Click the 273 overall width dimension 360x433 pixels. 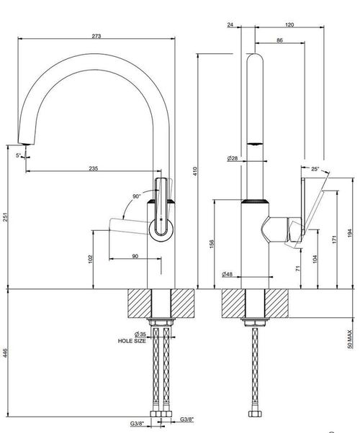(x=96, y=36)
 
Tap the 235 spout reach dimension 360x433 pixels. (x=94, y=168)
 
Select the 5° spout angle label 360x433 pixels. (x=18, y=155)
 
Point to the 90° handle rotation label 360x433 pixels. (x=137, y=196)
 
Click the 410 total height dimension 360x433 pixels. (x=195, y=171)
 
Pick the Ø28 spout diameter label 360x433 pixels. (x=233, y=158)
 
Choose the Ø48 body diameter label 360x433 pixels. (x=227, y=274)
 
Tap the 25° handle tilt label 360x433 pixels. (x=315, y=169)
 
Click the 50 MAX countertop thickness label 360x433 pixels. (x=350, y=339)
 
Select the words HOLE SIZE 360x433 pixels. (x=132, y=341)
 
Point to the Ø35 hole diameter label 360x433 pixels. (x=140, y=334)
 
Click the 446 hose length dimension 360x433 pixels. (x=5, y=353)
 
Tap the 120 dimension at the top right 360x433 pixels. (x=289, y=25)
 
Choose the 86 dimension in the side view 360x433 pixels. (x=280, y=40)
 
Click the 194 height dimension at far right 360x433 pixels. (x=350, y=233)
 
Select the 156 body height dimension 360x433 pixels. (x=212, y=244)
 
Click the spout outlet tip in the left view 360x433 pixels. (x=27, y=144)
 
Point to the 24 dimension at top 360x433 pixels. (x=230, y=25)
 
